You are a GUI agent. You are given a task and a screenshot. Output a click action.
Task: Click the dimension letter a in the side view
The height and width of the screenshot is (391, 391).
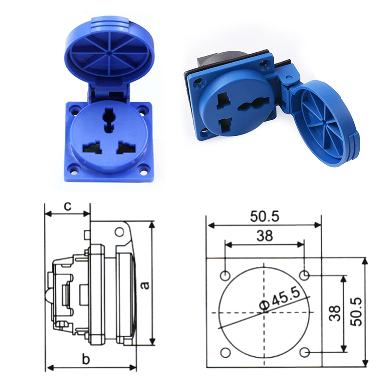click(x=145, y=284)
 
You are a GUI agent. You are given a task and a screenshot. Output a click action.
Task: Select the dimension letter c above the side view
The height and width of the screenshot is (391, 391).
click(x=68, y=206)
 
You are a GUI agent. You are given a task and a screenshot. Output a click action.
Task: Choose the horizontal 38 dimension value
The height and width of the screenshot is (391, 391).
click(x=264, y=236)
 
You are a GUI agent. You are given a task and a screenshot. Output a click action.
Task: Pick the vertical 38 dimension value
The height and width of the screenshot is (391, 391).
click(x=335, y=313)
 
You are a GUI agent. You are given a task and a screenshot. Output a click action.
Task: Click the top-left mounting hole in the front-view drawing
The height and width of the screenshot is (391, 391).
click(x=225, y=275)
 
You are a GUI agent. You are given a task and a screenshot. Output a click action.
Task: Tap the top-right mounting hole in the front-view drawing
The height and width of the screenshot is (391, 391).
click(x=304, y=275)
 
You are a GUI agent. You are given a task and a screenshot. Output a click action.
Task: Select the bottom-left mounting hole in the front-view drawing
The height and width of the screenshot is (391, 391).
click(x=225, y=352)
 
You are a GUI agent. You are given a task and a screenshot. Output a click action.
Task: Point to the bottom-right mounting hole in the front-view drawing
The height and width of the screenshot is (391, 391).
click(x=304, y=352)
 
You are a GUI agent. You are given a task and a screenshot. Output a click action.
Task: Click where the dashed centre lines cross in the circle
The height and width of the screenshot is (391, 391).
click(x=264, y=313)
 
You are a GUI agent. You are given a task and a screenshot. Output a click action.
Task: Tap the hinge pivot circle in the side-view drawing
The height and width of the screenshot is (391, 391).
click(x=119, y=231)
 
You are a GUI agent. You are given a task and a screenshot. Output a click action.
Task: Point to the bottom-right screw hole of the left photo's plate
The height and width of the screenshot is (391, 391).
click(x=143, y=170)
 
